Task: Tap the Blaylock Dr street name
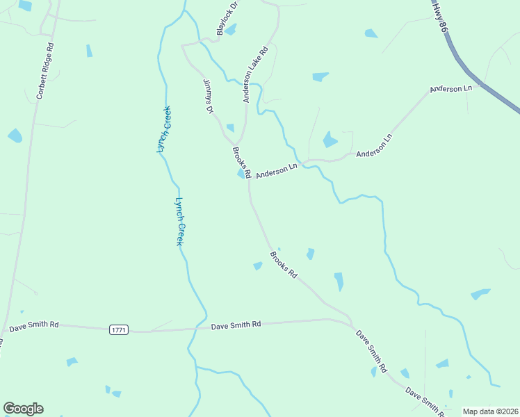(x=227, y=19)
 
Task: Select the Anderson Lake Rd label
(x=255, y=75)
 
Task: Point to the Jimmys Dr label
(x=207, y=96)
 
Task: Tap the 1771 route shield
(x=118, y=330)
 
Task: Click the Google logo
(x=23, y=409)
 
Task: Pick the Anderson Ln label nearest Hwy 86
(x=450, y=89)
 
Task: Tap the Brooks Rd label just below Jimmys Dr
(x=241, y=162)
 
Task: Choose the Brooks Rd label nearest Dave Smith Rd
(x=283, y=265)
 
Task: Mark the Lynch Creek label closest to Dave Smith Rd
(x=180, y=221)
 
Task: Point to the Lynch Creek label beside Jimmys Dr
(x=164, y=129)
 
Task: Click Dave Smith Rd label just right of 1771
(x=236, y=325)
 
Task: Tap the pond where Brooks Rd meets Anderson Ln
(x=241, y=174)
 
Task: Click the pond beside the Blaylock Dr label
(x=231, y=29)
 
